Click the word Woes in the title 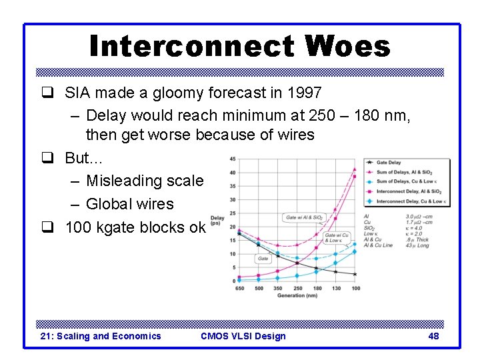coord(347,47)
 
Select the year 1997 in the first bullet coord(303,93)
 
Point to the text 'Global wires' coord(129,204)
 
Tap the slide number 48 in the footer coord(433,336)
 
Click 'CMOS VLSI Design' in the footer coord(243,336)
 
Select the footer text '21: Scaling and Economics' coord(101,336)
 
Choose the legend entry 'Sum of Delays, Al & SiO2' coord(408,172)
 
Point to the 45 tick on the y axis coord(231,159)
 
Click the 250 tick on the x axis coord(298,288)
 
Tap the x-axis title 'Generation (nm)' coord(298,295)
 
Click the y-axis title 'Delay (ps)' coord(217,220)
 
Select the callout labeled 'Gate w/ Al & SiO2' coord(304,217)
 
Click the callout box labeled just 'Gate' coord(263,259)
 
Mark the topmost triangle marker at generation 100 coord(355,168)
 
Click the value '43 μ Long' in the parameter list coord(417,245)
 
